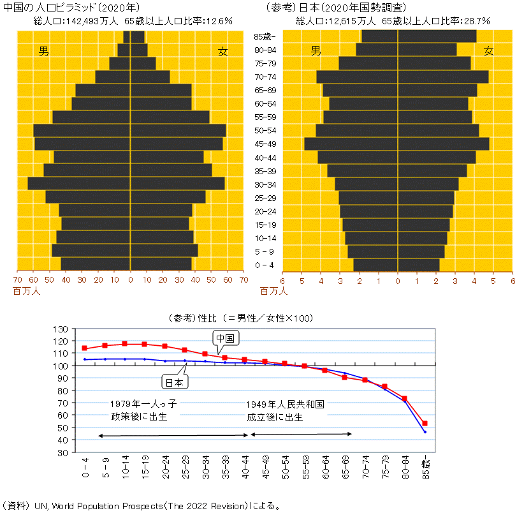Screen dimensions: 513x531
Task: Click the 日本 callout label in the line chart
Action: tap(173, 382)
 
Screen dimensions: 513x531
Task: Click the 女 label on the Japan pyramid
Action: tap(489, 51)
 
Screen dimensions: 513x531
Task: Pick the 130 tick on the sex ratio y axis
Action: tap(60, 329)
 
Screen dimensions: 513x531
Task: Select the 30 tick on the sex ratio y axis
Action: tap(62, 452)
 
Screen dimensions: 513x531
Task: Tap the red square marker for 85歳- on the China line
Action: tap(425, 423)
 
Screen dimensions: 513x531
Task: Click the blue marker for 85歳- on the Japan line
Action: tap(425, 432)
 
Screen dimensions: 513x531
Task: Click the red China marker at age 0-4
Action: tap(84, 348)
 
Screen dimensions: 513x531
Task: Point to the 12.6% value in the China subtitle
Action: tap(218, 21)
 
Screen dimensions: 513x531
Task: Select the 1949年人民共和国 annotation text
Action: tap(286, 404)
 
